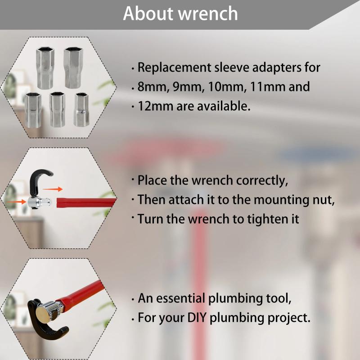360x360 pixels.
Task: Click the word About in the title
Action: point(148,13)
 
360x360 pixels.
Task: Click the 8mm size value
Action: point(151,87)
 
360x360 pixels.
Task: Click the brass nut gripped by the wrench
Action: point(43,312)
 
